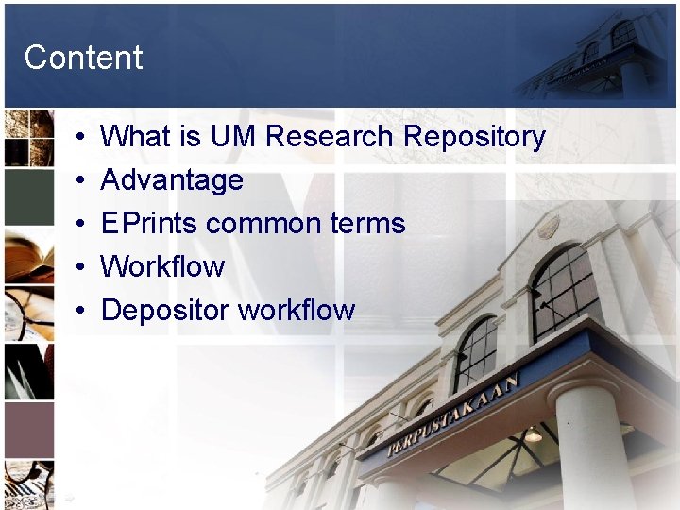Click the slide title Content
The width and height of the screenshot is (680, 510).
(x=83, y=58)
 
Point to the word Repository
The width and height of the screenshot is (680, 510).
(x=474, y=137)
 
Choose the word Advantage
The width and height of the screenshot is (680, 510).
(x=172, y=180)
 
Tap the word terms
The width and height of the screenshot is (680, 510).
(x=367, y=224)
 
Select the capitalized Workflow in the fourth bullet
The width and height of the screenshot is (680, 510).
(x=162, y=266)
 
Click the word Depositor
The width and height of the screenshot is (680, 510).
(x=165, y=310)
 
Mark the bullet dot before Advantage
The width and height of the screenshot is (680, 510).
(x=82, y=180)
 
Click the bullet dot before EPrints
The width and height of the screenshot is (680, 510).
(x=82, y=224)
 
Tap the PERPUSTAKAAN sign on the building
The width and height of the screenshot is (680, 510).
(x=453, y=416)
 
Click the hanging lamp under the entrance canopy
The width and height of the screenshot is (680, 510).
(x=534, y=433)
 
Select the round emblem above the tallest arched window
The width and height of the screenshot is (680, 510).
(x=549, y=228)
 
